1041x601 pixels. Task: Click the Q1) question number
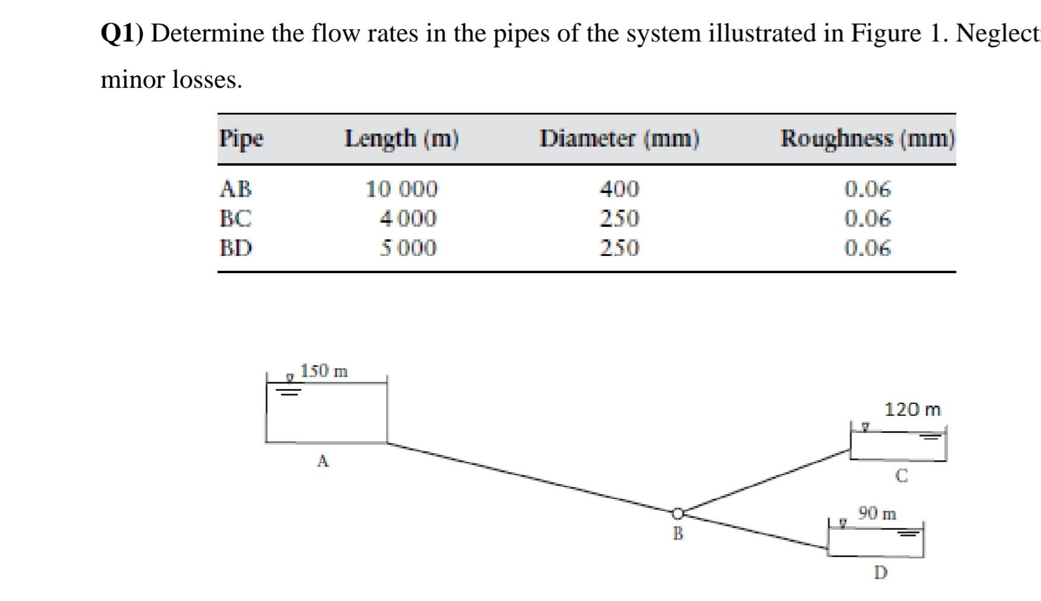coord(122,34)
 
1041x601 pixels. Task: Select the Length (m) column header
coord(402,139)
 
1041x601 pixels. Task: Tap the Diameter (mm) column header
coord(620,139)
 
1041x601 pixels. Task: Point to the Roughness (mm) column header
coord(867,139)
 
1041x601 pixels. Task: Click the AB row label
coord(236,189)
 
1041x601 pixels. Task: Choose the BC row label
coord(236,219)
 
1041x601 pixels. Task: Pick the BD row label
coord(236,248)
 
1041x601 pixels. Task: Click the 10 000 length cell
coord(402,189)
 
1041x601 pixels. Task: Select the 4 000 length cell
coord(408,219)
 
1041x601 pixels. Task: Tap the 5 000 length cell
coord(408,248)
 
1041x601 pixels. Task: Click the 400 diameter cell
coord(619,189)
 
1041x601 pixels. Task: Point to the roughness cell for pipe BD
coord(867,248)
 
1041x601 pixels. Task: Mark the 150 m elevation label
coord(324,371)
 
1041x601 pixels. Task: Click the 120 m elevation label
coord(913,409)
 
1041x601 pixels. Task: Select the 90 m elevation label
coord(877,513)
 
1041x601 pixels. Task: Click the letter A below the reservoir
coord(323,461)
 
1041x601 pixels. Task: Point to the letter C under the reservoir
coord(901,476)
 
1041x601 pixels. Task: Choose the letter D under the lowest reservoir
coord(881,573)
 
